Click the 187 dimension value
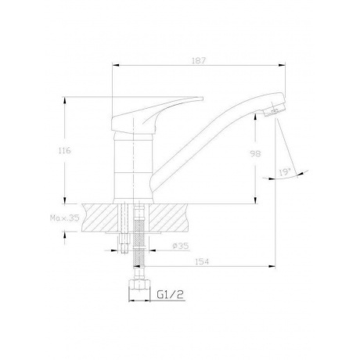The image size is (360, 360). coord(199,60)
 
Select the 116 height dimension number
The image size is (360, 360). coord(65,150)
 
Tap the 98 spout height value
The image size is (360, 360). coord(255,153)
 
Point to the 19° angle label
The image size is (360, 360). coord(285,172)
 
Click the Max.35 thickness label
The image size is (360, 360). coord(64,218)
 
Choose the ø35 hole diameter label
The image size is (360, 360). coord(180,246)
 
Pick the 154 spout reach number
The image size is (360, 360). coord(202,261)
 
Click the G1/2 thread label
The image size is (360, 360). coord(171,294)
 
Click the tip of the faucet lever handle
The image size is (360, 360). coord(203,99)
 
